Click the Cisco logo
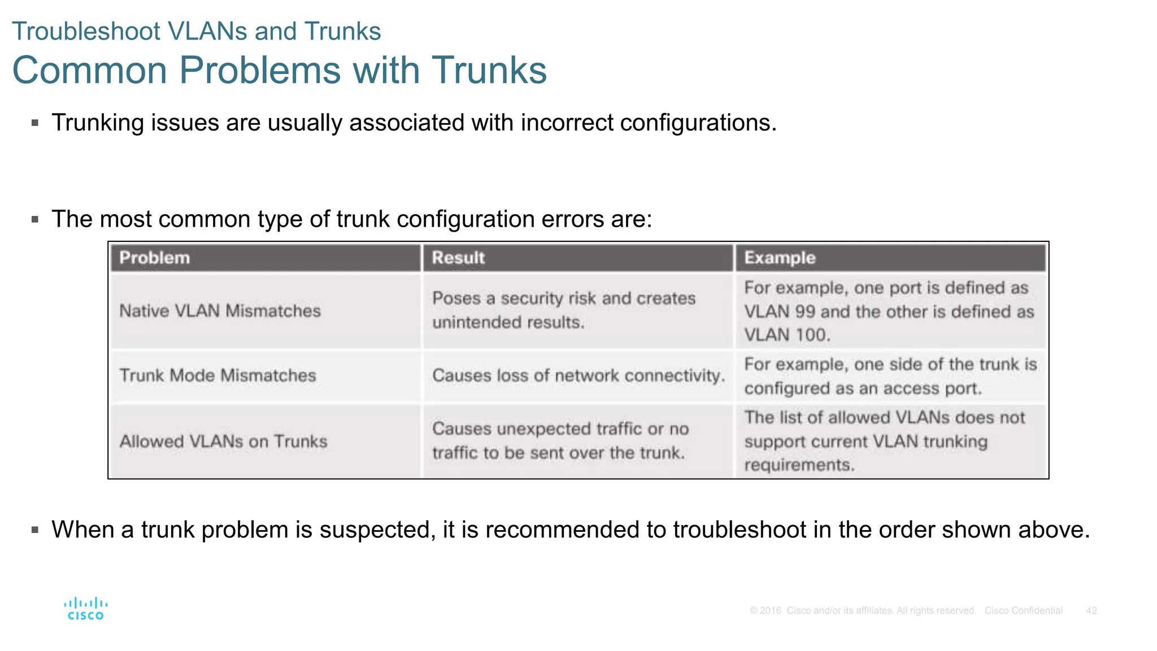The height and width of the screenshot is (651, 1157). (85, 609)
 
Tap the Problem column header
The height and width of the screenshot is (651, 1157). (154, 258)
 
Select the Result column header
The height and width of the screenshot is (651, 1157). (458, 258)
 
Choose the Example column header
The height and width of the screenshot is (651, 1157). (780, 258)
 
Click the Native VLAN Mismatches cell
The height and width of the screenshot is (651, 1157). (220, 311)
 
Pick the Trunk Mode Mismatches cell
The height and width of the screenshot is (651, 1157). (218, 375)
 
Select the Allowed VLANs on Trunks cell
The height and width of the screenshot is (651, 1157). (223, 441)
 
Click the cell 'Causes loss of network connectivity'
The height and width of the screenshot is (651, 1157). (578, 375)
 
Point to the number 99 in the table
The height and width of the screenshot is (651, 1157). (804, 311)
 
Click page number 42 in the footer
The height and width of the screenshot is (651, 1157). (1091, 610)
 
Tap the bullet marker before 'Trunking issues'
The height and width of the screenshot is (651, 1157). (35, 123)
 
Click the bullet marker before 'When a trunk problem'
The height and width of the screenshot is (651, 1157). (35, 530)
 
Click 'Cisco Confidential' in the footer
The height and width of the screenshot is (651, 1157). (1023, 610)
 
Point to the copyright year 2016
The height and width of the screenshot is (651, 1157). (771, 610)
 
